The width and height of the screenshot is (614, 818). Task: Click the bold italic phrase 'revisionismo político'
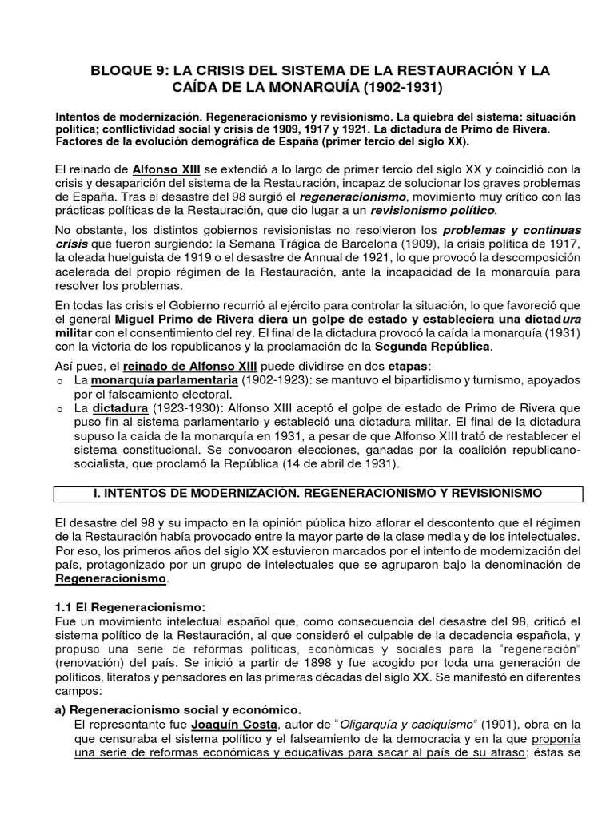tap(433, 211)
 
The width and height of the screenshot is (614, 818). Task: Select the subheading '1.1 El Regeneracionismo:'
tap(126, 608)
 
